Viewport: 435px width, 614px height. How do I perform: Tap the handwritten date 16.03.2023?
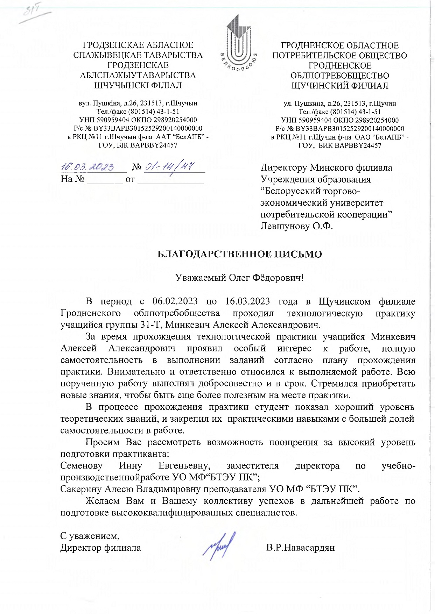[87, 167]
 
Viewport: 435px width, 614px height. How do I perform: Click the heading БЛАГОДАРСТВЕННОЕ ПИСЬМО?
[239, 254]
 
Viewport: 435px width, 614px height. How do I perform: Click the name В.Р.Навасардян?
[300, 547]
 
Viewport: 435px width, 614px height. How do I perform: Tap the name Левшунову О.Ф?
[296, 226]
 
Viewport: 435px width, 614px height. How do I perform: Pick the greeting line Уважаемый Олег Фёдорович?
[239, 278]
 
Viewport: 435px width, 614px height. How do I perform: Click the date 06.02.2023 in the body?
[175, 301]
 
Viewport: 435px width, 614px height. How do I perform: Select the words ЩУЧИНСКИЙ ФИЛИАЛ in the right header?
[339, 86]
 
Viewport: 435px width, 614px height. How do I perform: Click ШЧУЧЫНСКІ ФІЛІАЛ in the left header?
[138, 85]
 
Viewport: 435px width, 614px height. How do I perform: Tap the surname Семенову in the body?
[81, 466]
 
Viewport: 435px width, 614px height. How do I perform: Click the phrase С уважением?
[90, 536]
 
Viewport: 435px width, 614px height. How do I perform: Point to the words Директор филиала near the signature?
[101, 548]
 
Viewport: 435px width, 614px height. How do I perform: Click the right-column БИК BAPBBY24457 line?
[339, 145]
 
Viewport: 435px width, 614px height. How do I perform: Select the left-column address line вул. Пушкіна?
[138, 103]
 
